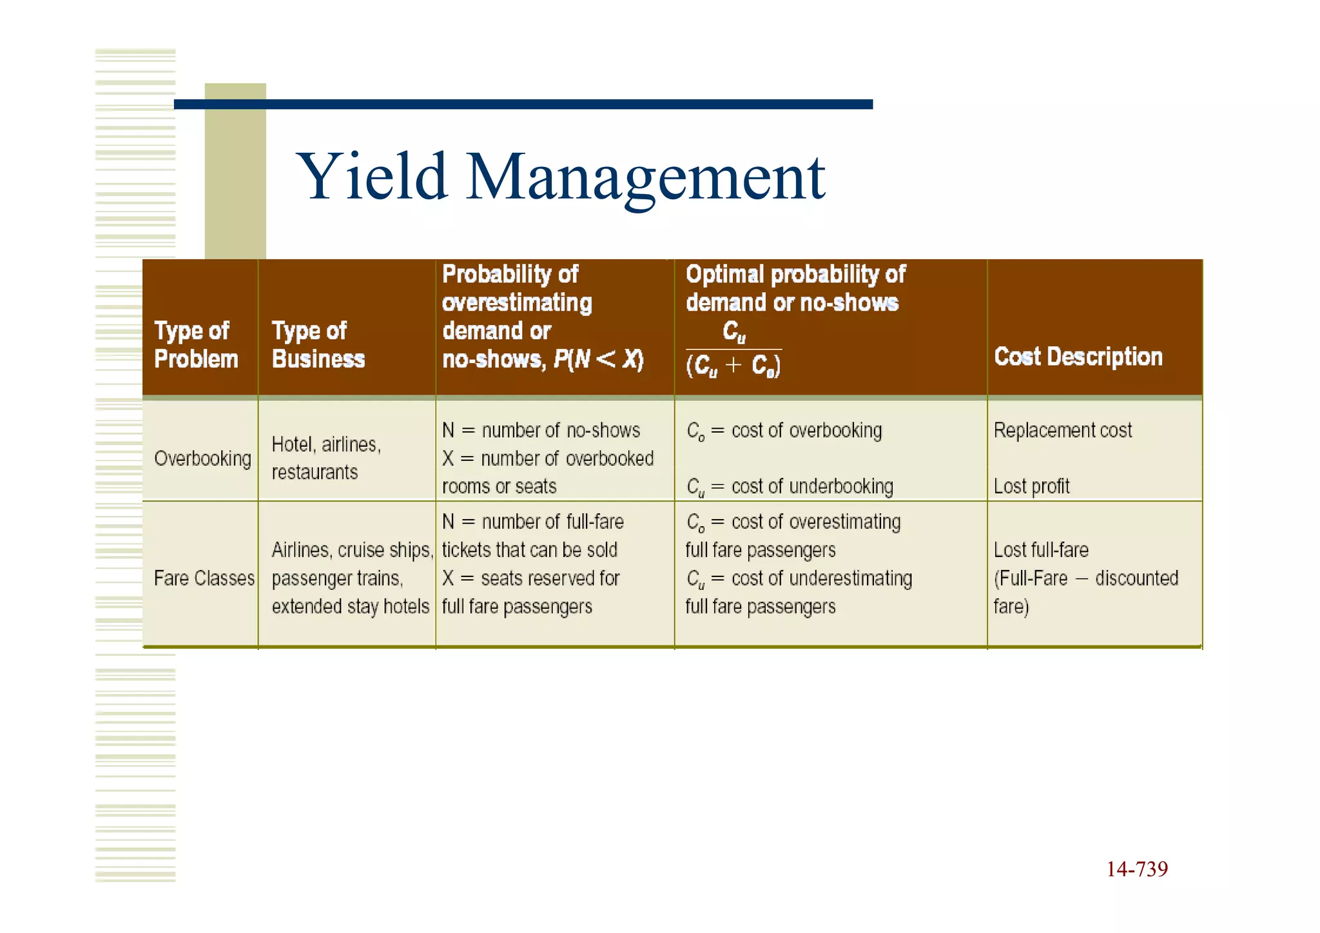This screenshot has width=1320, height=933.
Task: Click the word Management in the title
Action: click(645, 178)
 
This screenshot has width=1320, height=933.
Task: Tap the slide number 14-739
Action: click(1137, 869)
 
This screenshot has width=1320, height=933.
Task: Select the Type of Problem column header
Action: click(196, 345)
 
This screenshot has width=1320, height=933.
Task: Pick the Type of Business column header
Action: click(318, 345)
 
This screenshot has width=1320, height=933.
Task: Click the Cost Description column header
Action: click(1078, 357)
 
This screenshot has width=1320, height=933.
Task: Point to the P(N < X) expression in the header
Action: click(599, 359)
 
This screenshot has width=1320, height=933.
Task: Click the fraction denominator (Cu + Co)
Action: click(733, 366)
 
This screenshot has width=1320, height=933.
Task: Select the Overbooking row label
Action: click(202, 458)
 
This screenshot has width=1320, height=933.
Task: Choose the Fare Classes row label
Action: click(204, 578)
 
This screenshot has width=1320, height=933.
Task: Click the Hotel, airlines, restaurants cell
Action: click(326, 458)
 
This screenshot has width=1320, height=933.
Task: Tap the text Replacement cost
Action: click(1063, 430)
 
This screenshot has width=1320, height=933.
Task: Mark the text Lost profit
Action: click(1031, 486)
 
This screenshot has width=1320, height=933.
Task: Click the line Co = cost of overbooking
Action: click(784, 431)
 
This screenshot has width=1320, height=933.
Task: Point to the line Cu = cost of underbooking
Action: click(790, 487)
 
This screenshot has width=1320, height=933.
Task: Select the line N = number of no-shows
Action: click(541, 430)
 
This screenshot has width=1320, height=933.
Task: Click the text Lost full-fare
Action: click(1041, 550)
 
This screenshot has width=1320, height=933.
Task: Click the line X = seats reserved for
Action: click(530, 578)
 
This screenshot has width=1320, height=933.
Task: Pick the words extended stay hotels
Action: click(350, 607)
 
